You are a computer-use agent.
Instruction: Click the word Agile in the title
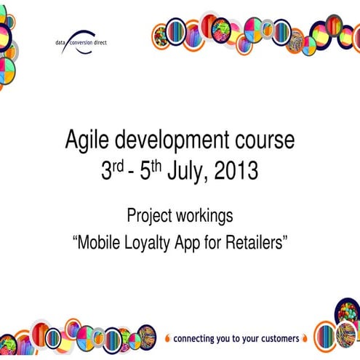(85, 140)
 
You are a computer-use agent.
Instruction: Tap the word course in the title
(260, 140)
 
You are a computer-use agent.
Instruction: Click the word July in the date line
(184, 172)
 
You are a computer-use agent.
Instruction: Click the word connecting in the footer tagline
(196, 339)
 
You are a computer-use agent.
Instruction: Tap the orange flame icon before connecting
(167, 338)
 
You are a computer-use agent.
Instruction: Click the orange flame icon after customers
(305, 338)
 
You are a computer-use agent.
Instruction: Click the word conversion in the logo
(87, 43)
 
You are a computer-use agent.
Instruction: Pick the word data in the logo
(60, 43)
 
